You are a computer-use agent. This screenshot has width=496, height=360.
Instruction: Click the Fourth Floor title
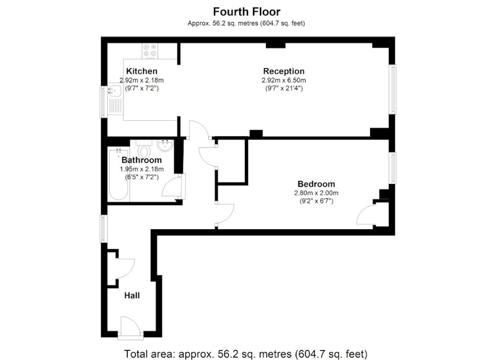tap(246, 12)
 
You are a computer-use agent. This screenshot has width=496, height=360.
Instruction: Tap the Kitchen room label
tap(142, 71)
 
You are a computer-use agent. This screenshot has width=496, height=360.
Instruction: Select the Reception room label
tap(284, 71)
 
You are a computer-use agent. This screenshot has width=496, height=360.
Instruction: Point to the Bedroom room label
tap(316, 184)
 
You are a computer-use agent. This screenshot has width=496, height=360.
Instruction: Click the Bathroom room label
tap(141, 160)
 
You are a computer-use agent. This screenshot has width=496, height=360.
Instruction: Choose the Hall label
tap(132, 296)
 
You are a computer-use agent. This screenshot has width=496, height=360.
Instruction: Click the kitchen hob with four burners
tap(150, 51)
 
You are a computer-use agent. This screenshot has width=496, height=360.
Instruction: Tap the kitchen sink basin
tap(115, 90)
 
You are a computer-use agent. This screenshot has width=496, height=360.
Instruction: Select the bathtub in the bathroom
tap(118, 174)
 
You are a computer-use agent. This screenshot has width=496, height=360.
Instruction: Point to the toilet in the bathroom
tap(144, 149)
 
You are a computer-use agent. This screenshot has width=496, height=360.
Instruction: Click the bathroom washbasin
tap(165, 146)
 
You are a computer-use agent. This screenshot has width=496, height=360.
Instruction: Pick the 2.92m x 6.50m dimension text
tap(284, 81)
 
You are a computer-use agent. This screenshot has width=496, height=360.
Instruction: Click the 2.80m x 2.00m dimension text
tap(316, 193)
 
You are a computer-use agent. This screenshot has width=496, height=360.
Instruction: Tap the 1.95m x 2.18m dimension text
tap(142, 169)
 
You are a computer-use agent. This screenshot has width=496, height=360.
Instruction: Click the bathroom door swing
tap(172, 187)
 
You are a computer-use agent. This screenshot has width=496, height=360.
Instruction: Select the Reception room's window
tap(392, 89)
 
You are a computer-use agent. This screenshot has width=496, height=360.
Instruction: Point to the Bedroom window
tap(392, 168)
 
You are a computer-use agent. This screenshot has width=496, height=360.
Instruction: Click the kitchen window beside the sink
tap(104, 102)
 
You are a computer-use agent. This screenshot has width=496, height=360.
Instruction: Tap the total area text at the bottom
tap(246, 354)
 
